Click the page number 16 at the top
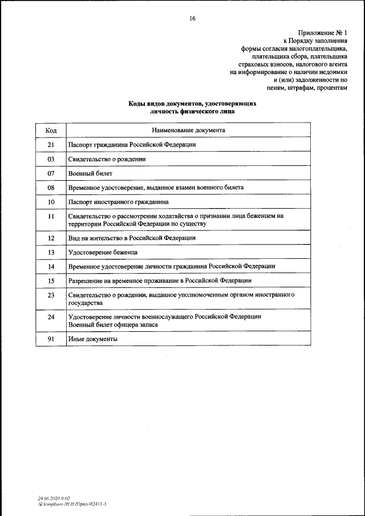point(192,19)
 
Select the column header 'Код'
point(51,131)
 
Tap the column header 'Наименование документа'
point(188,131)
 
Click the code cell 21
point(51,145)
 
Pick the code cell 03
point(51,159)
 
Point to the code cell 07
point(51,173)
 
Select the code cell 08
point(51,188)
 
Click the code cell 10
point(51,202)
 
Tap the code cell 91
point(51,339)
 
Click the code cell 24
point(51,316)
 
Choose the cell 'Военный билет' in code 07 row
point(90,173)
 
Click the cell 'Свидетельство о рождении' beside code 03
point(107,159)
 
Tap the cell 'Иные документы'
point(92,339)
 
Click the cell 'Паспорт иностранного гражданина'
point(118,202)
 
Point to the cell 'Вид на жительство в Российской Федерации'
point(132,238)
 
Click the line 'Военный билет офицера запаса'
point(113,324)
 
